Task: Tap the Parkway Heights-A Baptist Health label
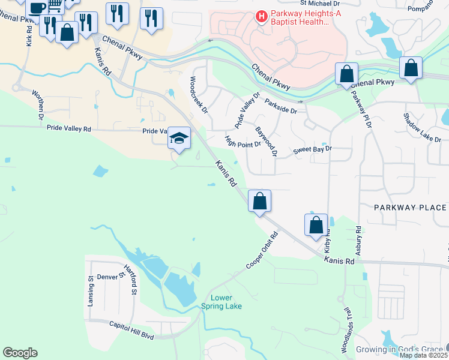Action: click(x=300, y=17)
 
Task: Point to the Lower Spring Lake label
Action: click(x=226, y=302)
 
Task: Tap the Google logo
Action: click(x=20, y=353)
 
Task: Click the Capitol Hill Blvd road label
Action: click(x=131, y=330)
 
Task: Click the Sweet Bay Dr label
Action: click(x=312, y=149)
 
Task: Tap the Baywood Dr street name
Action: click(x=265, y=142)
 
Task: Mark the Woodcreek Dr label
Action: click(x=198, y=95)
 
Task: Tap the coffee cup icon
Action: click(x=37, y=7)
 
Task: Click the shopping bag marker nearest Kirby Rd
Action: click(x=316, y=226)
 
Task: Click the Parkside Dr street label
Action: click(x=280, y=106)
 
